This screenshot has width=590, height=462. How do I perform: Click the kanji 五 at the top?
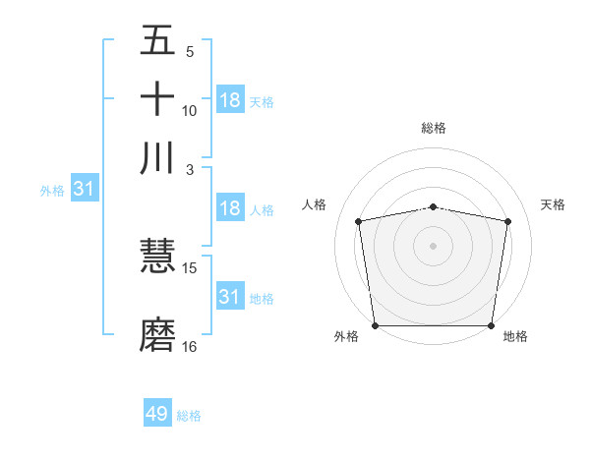coord(157,42)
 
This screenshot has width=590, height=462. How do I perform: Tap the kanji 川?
coord(157,157)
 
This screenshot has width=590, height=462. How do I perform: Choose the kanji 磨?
coord(157,334)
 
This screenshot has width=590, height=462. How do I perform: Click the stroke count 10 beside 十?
coord(190,110)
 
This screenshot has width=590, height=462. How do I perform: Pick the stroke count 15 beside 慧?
coord(190,267)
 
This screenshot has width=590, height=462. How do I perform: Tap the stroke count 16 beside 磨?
coord(190,346)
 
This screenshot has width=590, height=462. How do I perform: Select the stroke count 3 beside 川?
coord(190,168)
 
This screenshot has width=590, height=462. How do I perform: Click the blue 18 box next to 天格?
coord(230,100)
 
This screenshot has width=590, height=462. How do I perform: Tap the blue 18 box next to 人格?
coord(230,208)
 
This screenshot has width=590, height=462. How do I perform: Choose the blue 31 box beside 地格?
coord(230,296)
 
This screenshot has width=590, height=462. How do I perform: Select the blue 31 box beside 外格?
coord(84,189)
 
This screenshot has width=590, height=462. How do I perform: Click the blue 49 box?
coord(157,414)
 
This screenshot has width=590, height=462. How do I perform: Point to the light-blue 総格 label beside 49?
coord(190,416)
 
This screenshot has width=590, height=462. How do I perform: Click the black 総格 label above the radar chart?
coord(434,128)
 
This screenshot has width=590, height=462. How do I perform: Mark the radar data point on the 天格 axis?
coord(507,221)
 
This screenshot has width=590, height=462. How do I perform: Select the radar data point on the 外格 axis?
coord(375,325)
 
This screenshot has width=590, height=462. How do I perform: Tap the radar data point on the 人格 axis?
coord(359,221)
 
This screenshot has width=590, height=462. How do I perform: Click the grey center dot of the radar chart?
coord(434,245)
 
